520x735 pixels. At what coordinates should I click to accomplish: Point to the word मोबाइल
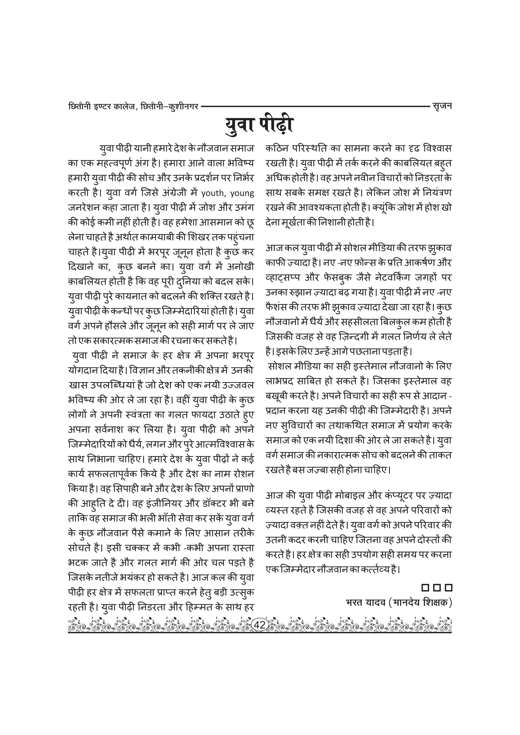tap(346, 496)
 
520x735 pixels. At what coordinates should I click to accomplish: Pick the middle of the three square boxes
tap(437, 588)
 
